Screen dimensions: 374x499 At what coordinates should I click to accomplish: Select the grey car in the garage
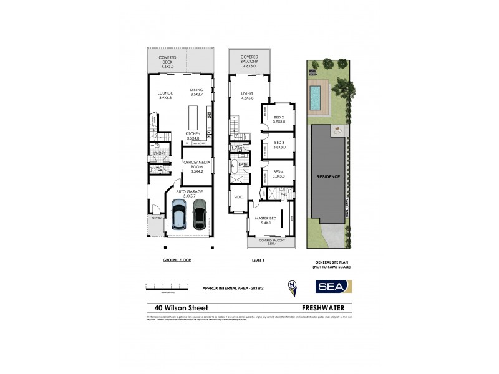click(198, 214)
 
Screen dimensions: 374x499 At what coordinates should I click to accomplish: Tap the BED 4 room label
click(278, 174)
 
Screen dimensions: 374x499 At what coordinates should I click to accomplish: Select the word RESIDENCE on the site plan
click(328, 176)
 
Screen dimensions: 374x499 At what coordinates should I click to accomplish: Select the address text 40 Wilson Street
click(182, 307)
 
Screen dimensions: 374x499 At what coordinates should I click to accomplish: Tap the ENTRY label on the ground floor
click(157, 218)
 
